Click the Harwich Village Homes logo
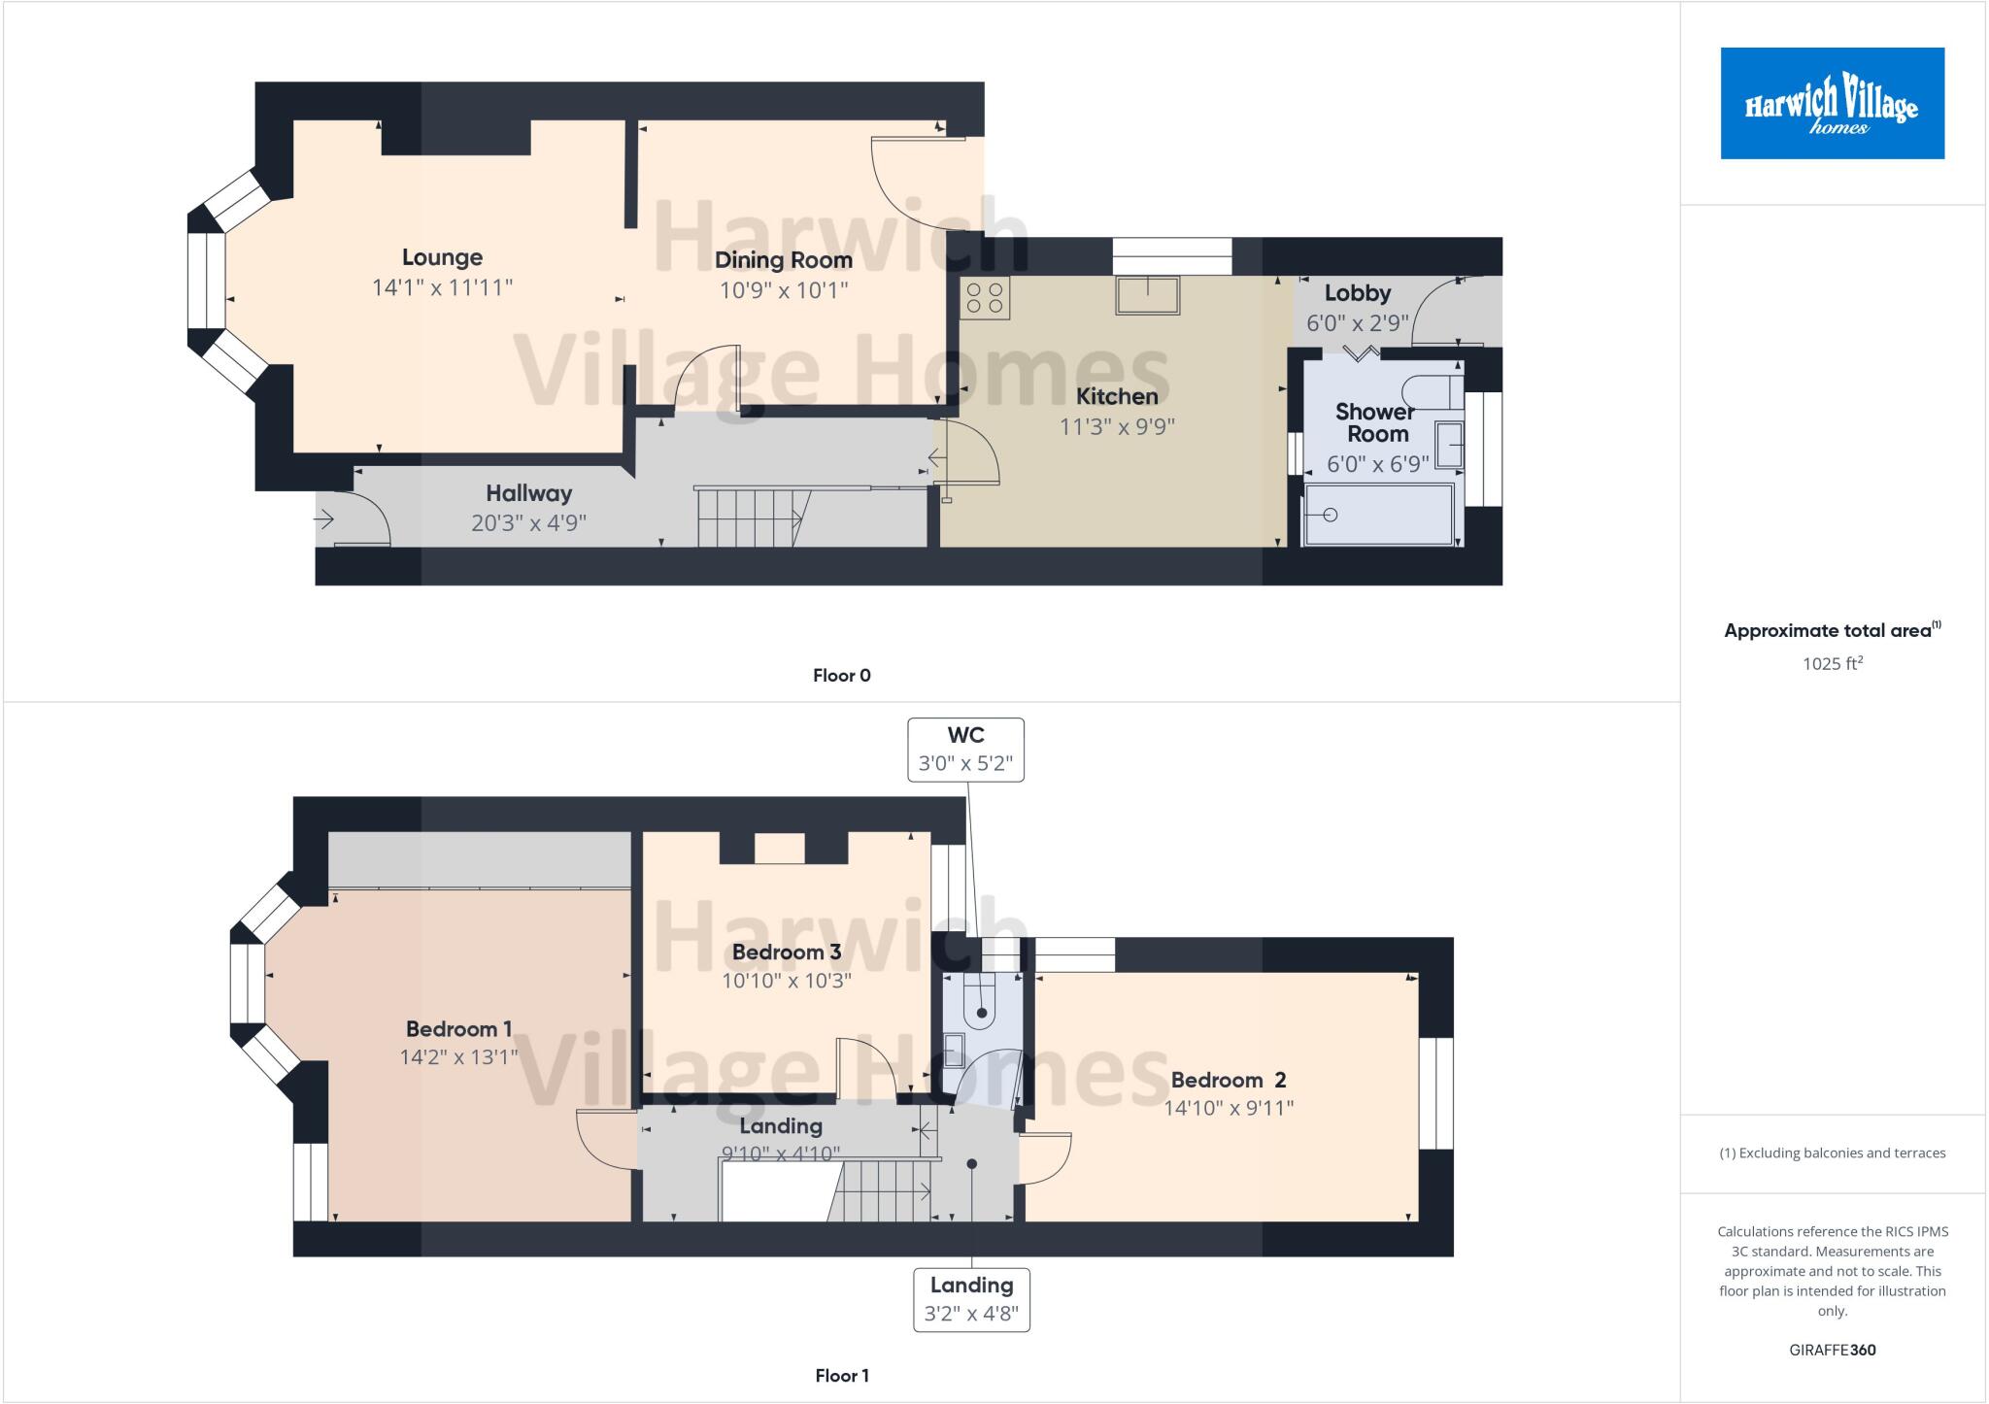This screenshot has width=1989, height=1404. pos(1832,103)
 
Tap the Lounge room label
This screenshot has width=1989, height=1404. pos(442,257)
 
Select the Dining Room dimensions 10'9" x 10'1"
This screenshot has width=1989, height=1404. pos(784,290)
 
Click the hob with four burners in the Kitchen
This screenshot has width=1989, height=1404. pos(985,297)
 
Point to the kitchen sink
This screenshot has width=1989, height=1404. pos(1148,295)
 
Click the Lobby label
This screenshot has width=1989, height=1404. pos(1357,293)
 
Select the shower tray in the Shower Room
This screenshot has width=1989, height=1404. pos(1378,515)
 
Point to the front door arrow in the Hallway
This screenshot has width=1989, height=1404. pos(324,520)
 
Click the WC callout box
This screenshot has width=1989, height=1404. pos(965,750)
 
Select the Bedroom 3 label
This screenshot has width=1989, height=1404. pos(787,952)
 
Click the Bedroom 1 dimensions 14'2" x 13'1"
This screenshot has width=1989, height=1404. pos(458,1056)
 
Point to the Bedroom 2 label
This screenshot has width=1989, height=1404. pos(1228,1080)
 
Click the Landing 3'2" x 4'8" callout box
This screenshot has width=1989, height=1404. pos(971,1299)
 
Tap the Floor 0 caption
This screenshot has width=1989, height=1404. pos(841,676)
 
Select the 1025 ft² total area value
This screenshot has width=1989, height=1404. pos(1832,664)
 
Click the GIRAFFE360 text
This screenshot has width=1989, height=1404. pos(1832,1350)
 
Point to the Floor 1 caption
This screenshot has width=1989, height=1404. pos(841,1376)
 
